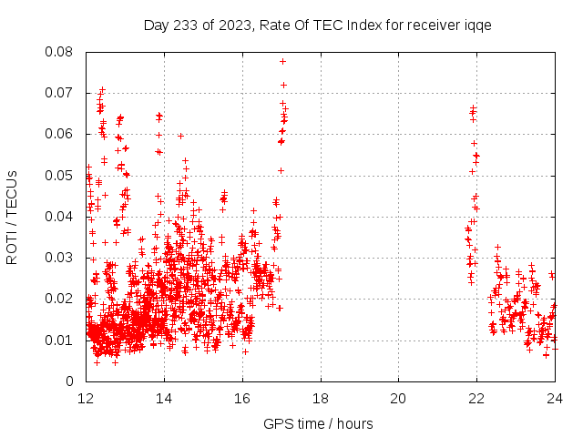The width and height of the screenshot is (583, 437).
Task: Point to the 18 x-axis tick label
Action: (x=321, y=399)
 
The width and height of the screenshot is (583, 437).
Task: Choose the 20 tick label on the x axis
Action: (x=399, y=399)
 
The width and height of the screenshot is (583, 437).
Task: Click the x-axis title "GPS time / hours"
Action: (x=318, y=423)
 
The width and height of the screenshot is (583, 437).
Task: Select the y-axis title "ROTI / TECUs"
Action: (x=13, y=217)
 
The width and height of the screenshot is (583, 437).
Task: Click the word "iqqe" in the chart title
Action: (x=477, y=25)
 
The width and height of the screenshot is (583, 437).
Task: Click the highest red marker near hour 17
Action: (x=282, y=61)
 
